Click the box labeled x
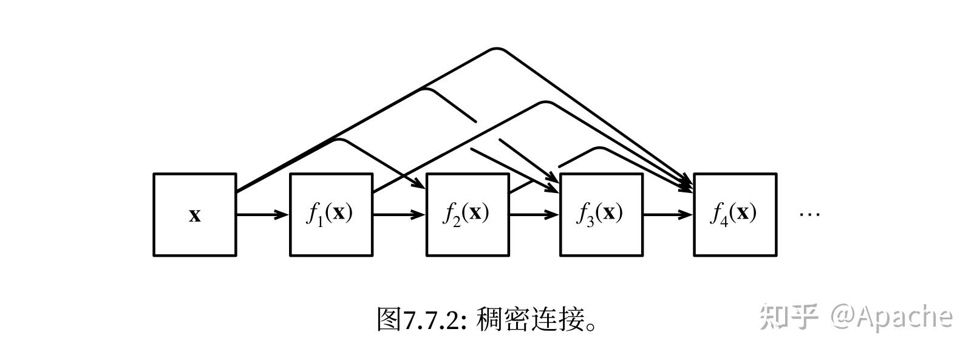194,215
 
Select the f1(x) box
331,215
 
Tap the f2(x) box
468,215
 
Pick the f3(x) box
601,215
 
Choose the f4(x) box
735,215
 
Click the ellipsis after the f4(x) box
809,214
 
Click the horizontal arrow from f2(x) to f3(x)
534,214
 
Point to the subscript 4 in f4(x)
723,221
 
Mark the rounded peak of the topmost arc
497,49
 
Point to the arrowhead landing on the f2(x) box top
419,184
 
